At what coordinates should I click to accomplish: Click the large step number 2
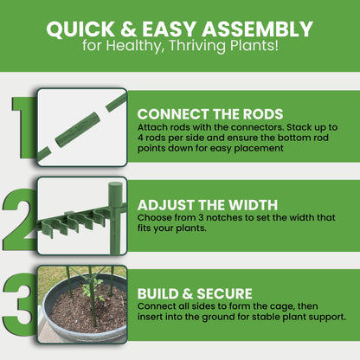(x=20, y=219)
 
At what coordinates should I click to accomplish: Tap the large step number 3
(x=20, y=305)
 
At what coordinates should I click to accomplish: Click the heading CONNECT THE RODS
(x=210, y=114)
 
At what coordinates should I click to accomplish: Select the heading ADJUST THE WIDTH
(x=208, y=205)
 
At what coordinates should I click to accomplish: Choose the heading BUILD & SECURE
(x=195, y=293)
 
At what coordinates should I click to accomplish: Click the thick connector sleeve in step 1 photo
(x=78, y=130)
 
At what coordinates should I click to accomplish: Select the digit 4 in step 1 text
(x=140, y=138)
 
